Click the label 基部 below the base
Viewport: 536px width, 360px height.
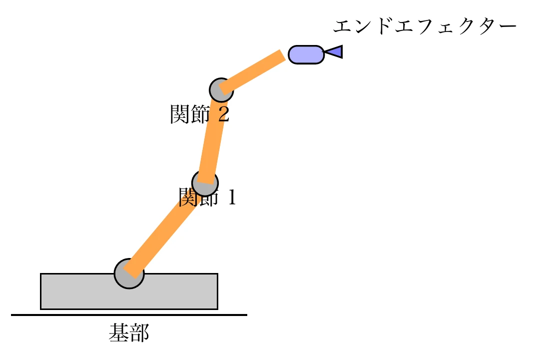point(129,333)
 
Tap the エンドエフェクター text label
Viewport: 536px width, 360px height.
point(424,26)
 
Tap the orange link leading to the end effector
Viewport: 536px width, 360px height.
point(252,72)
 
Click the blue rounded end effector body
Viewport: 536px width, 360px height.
point(306,54)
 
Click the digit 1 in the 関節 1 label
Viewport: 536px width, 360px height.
point(230,198)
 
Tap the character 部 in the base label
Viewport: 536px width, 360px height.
point(139,333)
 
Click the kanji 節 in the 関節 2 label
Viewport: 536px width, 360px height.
point(200,115)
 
